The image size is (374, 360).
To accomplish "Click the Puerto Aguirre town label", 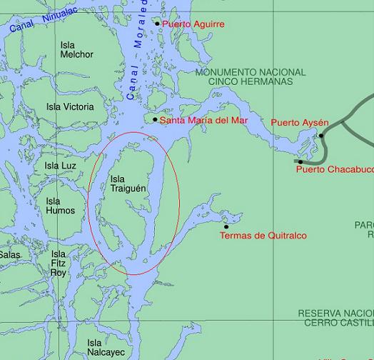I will coord(193,24).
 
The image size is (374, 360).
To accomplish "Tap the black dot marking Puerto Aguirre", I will coord(158,24).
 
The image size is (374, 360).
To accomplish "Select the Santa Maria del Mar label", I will coord(203,120).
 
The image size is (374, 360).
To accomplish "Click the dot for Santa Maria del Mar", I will coord(155,119).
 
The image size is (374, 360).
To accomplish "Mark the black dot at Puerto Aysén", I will coord(322,136).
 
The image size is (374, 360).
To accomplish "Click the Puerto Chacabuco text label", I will coord(334,170).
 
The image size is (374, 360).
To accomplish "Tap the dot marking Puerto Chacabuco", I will coord(300,162).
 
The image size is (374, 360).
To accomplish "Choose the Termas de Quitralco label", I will coord(263,236).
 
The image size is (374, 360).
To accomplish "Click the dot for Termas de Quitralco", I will coord(226,227).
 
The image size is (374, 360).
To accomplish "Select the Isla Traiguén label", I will coord(128,184).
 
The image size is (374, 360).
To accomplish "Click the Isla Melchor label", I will coord(76,49).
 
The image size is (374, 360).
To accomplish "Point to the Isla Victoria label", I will coord(70,107).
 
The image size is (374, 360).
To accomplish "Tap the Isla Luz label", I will coord(60,166).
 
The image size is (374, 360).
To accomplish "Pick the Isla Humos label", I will coord(60,206).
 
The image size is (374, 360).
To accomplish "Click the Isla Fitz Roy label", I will coord(59,264).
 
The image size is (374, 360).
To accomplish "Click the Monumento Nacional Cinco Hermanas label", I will coord(250,77).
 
